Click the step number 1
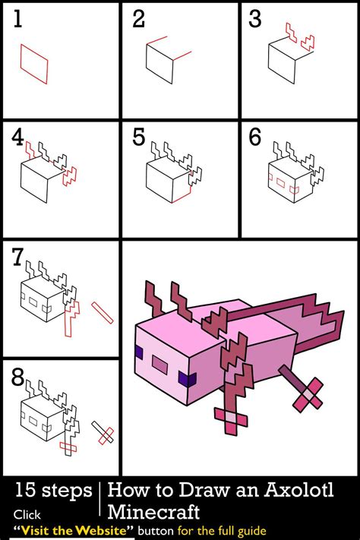[18, 19]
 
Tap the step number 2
[138, 19]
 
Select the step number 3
[255, 19]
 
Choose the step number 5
[138, 137]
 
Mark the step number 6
[255, 137]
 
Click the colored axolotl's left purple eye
[139, 351]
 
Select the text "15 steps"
[52, 491]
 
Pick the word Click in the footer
[27, 513]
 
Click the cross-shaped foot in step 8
[104, 434]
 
